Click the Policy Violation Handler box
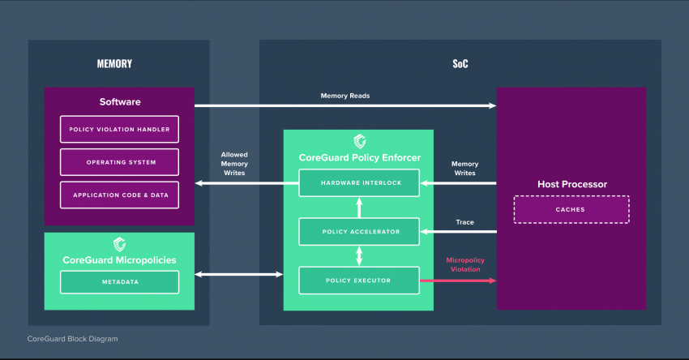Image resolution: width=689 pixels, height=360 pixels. click(x=119, y=129)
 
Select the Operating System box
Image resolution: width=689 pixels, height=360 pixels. click(x=119, y=162)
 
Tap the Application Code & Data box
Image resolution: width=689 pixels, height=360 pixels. click(x=119, y=195)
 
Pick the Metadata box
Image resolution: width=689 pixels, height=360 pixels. click(x=119, y=282)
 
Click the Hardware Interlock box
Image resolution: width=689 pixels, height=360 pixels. click(x=359, y=183)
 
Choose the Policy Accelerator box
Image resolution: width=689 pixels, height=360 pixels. click(x=359, y=232)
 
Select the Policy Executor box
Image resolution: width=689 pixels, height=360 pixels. click(x=359, y=281)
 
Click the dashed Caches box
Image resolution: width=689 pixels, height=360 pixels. click(x=571, y=210)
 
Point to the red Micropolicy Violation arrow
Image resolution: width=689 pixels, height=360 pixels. click(x=458, y=281)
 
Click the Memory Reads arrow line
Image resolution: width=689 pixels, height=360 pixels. click(x=345, y=105)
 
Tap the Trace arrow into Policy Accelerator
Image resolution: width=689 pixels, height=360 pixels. click(x=458, y=232)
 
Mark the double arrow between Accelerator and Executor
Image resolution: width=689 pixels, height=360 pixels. click(x=359, y=256)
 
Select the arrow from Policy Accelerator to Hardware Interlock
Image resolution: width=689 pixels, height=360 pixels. click(x=359, y=208)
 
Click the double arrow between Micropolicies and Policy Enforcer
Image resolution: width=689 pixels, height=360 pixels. click(x=238, y=274)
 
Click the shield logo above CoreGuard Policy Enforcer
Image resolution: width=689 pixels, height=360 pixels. click(x=360, y=142)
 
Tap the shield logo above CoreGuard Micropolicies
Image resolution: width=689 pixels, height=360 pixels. click(x=119, y=244)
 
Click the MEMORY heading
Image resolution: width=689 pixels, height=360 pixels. click(x=114, y=64)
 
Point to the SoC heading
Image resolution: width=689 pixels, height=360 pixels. click(x=460, y=64)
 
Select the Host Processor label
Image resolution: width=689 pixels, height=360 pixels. click(x=572, y=184)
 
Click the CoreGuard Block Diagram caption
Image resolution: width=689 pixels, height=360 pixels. click(x=72, y=339)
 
